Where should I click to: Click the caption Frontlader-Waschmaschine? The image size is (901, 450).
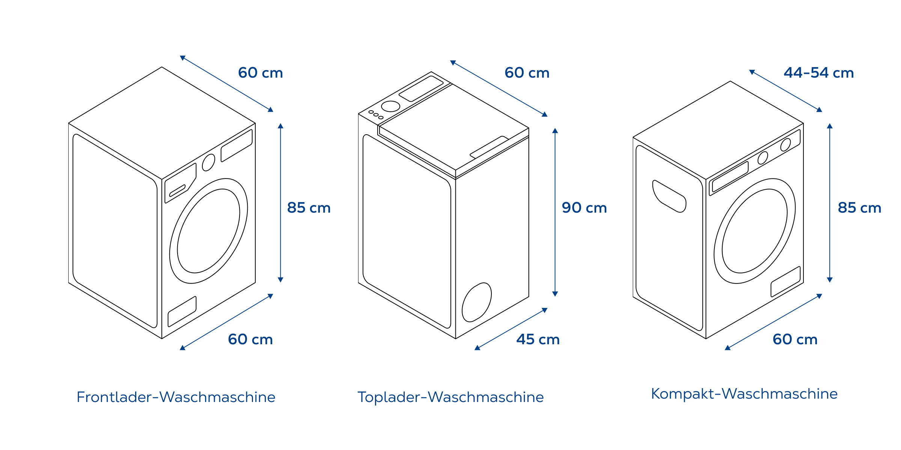pyautogui.click(x=176, y=397)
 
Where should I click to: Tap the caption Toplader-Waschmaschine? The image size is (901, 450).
pyautogui.click(x=450, y=397)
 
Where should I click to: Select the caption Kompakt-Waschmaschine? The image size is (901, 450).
pyautogui.click(x=744, y=394)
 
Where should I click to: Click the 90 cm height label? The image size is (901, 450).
pyautogui.click(x=584, y=208)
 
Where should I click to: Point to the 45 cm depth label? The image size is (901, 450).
pyautogui.click(x=538, y=339)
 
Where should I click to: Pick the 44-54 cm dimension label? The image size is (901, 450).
pyautogui.click(x=819, y=73)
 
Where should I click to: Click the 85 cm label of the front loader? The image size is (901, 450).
pyautogui.click(x=309, y=208)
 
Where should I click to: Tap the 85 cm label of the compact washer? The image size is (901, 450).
pyautogui.click(x=859, y=208)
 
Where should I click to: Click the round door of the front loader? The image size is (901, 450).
pyautogui.click(x=208, y=231)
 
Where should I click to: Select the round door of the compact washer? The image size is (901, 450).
pyautogui.click(x=755, y=231)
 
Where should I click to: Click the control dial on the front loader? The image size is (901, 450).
pyautogui.click(x=208, y=162)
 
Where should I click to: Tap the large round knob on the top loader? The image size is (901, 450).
pyautogui.click(x=390, y=106)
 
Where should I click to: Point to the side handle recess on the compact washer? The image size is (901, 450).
pyautogui.click(x=669, y=196)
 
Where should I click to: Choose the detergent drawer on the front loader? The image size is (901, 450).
pyautogui.click(x=181, y=183)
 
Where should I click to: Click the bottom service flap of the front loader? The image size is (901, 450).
pyautogui.click(x=182, y=311)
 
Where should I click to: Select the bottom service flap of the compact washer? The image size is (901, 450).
pyautogui.click(x=785, y=282)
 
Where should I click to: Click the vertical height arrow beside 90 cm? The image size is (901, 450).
pyautogui.click(x=555, y=212)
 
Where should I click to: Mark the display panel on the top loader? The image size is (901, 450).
pyautogui.click(x=421, y=88)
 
